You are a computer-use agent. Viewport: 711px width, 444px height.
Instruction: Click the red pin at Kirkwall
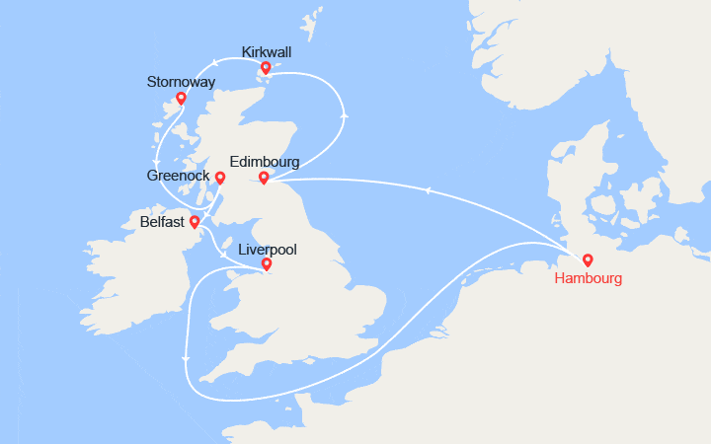[x=265, y=68]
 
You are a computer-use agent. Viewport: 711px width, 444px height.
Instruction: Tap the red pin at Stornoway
[x=181, y=98]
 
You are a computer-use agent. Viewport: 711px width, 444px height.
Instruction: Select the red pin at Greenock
[x=220, y=179]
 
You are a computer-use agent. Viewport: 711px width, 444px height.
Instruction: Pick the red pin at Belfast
[x=195, y=222]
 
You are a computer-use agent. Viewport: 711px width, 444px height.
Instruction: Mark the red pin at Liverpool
[x=267, y=264]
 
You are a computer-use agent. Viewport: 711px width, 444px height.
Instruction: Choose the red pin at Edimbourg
[x=264, y=178]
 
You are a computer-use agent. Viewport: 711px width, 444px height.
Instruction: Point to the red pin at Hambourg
[x=588, y=260]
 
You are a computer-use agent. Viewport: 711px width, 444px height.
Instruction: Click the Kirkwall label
[x=265, y=50]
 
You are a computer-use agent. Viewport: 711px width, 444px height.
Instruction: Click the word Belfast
[x=162, y=223]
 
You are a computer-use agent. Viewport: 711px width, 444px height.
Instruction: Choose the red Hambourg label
[x=589, y=279]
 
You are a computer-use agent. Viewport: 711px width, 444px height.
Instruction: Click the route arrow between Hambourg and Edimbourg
[x=427, y=190]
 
